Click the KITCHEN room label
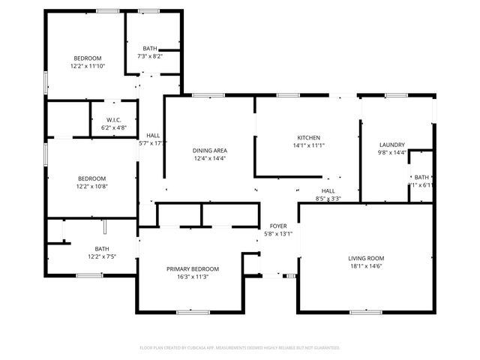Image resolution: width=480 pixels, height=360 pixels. pyautogui.click(x=308, y=138)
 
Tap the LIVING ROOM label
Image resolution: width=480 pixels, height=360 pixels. pyautogui.click(x=366, y=258)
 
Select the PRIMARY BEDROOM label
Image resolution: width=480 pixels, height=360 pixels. pyautogui.click(x=193, y=268)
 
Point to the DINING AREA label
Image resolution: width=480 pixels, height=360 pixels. pyautogui.click(x=210, y=151)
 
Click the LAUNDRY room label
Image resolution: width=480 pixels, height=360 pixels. pyautogui.click(x=392, y=145)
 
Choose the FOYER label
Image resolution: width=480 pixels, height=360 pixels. pyautogui.click(x=277, y=226)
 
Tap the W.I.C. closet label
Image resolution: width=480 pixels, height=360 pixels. pyautogui.click(x=114, y=120)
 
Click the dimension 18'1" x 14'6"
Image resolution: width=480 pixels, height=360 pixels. pyautogui.click(x=366, y=265)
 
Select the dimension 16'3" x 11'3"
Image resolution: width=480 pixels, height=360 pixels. pyautogui.click(x=193, y=276)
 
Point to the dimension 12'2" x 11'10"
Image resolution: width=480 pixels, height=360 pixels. pyautogui.click(x=88, y=66)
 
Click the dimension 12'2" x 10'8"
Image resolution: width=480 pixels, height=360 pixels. pyautogui.click(x=92, y=186)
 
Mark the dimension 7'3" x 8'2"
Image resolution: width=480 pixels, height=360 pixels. pyautogui.click(x=150, y=56)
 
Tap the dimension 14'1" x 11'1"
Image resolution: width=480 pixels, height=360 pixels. pyautogui.click(x=308, y=145)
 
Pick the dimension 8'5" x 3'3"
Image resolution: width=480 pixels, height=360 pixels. pyautogui.click(x=328, y=199)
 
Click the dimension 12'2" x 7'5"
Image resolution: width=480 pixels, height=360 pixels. pyautogui.click(x=101, y=256)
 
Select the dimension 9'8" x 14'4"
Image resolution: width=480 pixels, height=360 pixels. pyautogui.click(x=392, y=153)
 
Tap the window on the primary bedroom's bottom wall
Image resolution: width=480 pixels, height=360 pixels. pyautogui.click(x=187, y=311)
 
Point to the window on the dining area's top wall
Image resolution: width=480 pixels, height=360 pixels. pyautogui.click(x=203, y=95)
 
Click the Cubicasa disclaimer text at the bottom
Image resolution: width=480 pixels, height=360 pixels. pyautogui.click(x=240, y=348)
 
